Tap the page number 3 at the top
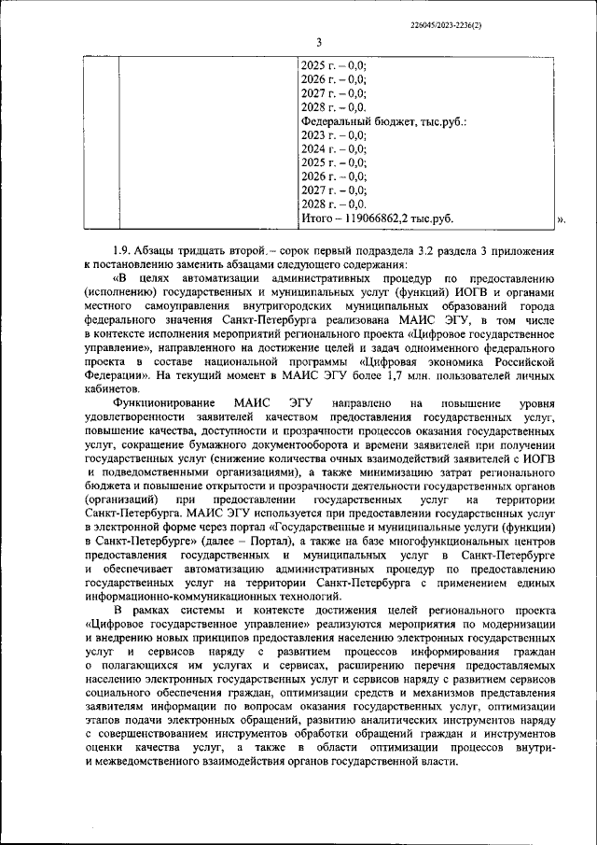click(x=318, y=42)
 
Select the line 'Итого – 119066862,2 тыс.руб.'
click(x=376, y=218)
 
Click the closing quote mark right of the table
click(x=561, y=220)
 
